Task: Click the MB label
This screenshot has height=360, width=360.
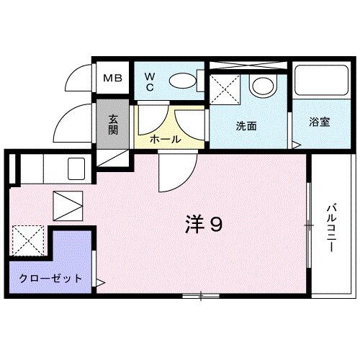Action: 113,78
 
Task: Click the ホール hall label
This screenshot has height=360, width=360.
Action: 165,138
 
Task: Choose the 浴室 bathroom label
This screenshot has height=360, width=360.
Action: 320,122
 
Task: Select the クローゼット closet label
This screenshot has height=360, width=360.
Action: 50,279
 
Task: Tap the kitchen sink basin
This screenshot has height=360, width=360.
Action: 77,170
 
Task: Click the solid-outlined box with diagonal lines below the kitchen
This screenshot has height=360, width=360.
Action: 68,205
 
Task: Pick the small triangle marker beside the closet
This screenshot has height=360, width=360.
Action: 101,282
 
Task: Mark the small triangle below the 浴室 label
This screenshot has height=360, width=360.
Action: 296,144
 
